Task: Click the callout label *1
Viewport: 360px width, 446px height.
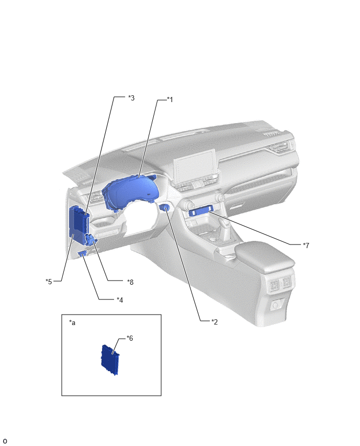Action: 170,99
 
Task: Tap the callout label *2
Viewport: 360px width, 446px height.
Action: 215,322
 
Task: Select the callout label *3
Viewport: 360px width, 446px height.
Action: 131,98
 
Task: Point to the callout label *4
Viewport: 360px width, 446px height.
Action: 120,300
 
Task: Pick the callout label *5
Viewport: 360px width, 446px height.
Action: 49,282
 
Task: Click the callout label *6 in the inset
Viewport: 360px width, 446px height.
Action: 130,338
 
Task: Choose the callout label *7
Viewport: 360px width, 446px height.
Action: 306,245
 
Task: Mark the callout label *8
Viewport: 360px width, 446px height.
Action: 130,282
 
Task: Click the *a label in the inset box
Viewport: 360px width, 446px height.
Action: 72,322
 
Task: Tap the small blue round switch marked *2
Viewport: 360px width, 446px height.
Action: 165,208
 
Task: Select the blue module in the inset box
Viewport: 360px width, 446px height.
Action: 110,360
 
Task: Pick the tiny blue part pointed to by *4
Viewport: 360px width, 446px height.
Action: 82,253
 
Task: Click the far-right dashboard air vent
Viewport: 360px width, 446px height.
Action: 282,147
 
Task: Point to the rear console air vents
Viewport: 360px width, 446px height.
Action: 280,284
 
